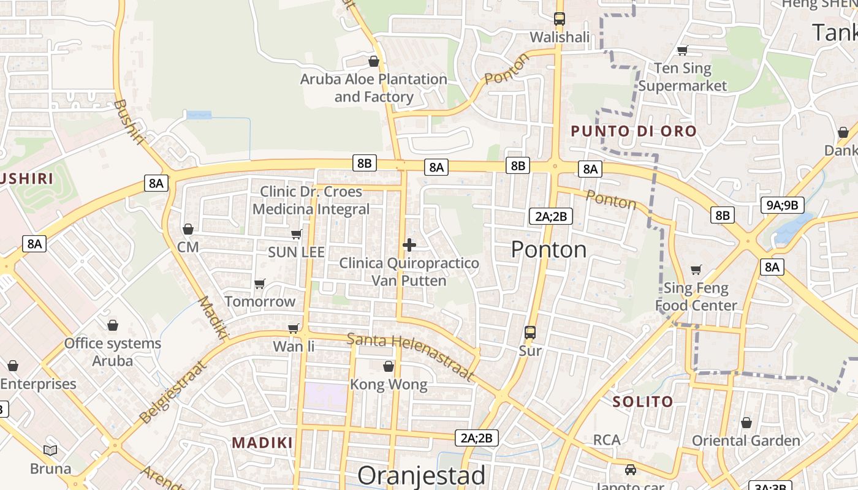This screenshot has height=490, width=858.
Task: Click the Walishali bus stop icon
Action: point(559,19)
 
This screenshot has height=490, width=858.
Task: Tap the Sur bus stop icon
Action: point(530,333)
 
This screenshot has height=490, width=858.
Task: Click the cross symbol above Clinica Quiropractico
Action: point(409,245)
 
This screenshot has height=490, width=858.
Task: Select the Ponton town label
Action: point(549,249)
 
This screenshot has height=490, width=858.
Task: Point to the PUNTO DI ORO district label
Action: point(634,131)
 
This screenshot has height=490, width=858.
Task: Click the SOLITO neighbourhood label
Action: point(643,402)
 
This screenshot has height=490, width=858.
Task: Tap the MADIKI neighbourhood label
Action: point(262,442)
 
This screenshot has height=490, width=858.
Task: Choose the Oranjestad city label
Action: point(421,475)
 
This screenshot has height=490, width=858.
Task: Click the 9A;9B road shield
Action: point(783,205)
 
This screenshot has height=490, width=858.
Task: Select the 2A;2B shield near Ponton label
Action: point(550,216)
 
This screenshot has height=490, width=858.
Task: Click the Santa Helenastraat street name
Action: point(411,356)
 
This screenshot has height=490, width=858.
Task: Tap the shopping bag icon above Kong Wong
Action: point(388,366)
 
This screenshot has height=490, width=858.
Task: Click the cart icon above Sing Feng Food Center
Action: point(696,269)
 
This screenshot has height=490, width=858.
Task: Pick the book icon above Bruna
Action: point(50,450)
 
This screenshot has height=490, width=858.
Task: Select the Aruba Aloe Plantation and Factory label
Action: point(373,88)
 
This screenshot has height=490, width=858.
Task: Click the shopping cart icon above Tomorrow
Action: point(259,284)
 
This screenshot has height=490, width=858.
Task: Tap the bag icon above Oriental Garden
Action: point(746,423)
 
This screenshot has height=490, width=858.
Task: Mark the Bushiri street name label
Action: point(129,122)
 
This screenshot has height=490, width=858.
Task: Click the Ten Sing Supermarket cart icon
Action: point(682,50)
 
